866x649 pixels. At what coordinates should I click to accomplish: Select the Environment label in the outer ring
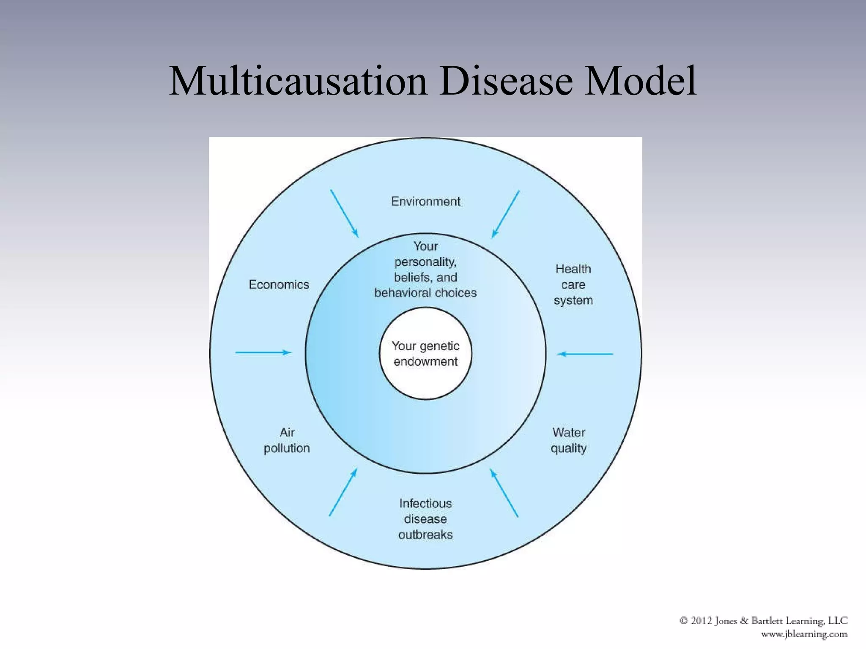(425, 202)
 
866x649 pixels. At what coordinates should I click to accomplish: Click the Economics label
(279, 285)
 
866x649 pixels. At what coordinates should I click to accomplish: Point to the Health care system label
(573, 284)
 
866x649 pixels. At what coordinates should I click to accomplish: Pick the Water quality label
(568, 440)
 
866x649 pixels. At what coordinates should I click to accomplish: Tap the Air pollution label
(287, 440)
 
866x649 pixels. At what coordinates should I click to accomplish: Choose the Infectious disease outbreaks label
(425, 519)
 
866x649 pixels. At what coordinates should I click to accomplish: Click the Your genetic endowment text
(425, 354)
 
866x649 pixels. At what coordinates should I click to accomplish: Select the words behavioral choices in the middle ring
(425, 293)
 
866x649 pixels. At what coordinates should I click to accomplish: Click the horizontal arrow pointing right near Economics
(263, 352)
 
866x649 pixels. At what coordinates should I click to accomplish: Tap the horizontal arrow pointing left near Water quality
(585, 354)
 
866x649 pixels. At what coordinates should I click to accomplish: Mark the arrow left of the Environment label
(344, 213)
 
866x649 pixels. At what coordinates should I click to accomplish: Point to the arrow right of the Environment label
(505, 214)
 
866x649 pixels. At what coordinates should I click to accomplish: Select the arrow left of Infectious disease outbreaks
(343, 492)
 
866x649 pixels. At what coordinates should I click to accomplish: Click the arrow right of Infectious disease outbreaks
(504, 493)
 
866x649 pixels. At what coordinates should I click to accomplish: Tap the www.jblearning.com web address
(804, 634)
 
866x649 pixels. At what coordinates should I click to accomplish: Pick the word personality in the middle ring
(425, 262)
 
